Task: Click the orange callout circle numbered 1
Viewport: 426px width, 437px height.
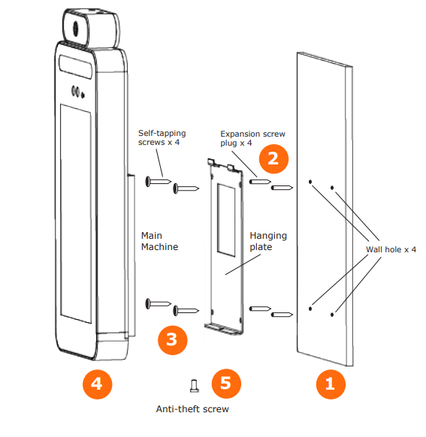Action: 329,386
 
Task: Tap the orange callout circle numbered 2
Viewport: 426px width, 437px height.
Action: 273,158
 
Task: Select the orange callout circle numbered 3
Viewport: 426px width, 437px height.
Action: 172,339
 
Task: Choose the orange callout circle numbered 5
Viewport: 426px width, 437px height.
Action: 226,384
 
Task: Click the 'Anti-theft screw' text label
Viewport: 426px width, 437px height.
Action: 192,409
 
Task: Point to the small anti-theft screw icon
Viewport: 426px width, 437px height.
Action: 195,386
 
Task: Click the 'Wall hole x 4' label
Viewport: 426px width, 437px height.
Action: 391,249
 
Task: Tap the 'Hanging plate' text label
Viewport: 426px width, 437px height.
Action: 268,241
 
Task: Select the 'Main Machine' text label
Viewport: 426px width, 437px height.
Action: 160,240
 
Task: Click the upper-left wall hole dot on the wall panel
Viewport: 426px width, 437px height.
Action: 310,182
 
